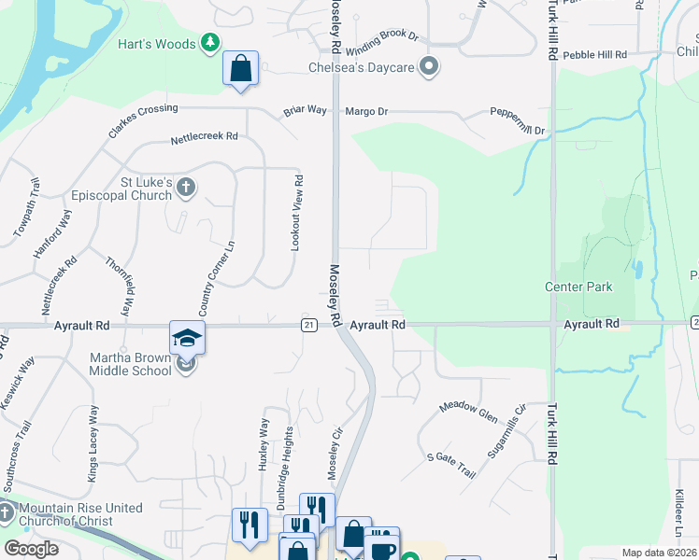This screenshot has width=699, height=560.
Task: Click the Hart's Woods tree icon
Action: click(x=211, y=43)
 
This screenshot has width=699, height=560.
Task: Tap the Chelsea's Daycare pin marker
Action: click(x=429, y=66)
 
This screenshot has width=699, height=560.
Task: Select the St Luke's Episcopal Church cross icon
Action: click(x=185, y=189)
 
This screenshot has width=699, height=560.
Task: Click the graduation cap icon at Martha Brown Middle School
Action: click(x=187, y=337)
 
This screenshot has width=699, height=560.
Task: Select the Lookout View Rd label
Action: click(x=297, y=212)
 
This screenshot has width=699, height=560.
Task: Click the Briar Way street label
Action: click(x=306, y=111)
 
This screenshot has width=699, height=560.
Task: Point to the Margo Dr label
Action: click(x=366, y=111)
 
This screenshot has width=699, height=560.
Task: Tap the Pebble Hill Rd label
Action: click(x=594, y=56)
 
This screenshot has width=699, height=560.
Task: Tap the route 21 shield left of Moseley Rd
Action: click(x=307, y=324)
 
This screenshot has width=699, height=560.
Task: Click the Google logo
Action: click(x=31, y=549)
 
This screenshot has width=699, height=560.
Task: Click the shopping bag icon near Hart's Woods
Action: click(x=240, y=68)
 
